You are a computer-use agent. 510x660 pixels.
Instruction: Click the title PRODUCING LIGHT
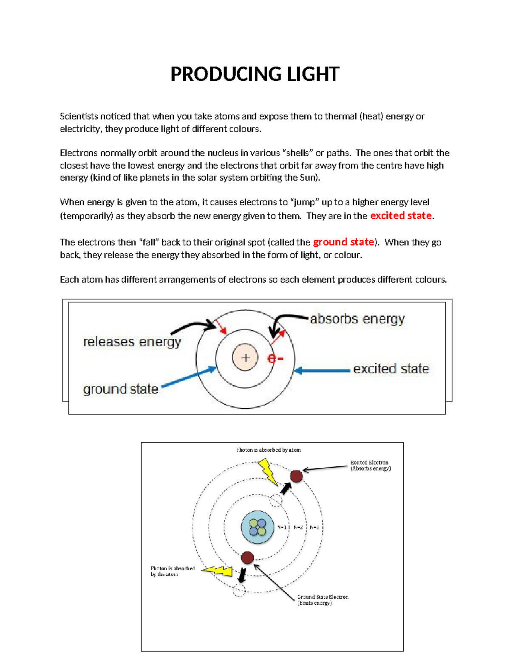[x=255, y=74]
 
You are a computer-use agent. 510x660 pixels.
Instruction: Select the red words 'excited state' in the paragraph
[x=401, y=215]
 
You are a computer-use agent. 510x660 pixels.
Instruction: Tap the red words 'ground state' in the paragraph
[x=343, y=242]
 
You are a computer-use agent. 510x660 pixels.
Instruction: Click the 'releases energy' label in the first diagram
[x=132, y=342]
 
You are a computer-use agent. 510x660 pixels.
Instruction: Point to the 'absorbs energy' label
[x=357, y=319]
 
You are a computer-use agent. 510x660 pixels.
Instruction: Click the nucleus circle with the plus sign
[x=245, y=357]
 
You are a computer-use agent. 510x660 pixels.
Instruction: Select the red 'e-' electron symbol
[x=275, y=358]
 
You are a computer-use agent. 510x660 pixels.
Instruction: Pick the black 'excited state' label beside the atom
[x=391, y=368]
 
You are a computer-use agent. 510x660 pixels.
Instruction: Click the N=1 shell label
[x=282, y=527]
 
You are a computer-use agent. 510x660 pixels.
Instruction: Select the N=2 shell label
[x=298, y=527]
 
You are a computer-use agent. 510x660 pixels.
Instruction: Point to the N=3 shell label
[x=314, y=527]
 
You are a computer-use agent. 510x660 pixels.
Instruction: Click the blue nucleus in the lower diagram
[x=257, y=527]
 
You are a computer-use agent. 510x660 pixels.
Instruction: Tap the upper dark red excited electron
[x=296, y=476]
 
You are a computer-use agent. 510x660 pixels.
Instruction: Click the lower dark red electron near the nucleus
[x=247, y=557]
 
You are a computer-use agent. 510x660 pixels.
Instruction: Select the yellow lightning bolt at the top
[x=268, y=470]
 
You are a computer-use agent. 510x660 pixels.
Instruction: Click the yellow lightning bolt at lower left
[x=218, y=571]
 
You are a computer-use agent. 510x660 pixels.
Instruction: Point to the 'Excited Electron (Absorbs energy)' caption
[x=370, y=465]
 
